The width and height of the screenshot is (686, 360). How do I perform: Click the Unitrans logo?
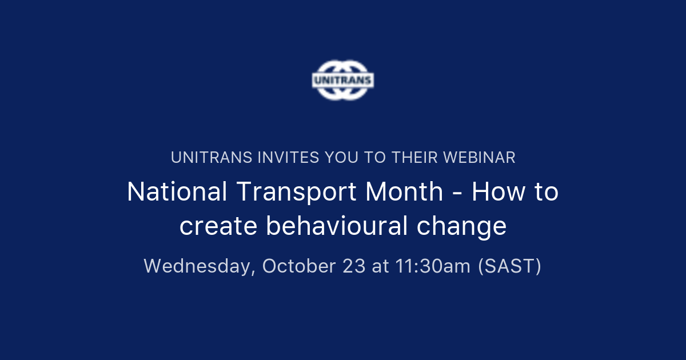coord(343,80)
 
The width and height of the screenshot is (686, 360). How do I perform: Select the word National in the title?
coord(174,192)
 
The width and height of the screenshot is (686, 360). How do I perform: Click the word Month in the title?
coord(404,192)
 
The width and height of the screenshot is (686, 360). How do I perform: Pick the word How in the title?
coord(494,192)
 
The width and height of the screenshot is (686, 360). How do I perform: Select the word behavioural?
coord(336,226)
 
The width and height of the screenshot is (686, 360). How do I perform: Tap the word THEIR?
coord(413,158)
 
